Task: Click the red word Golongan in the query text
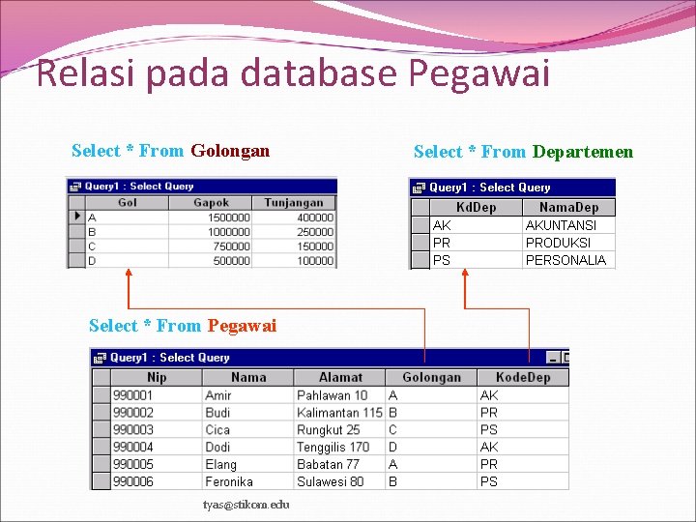[230, 151]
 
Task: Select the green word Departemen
[583, 152]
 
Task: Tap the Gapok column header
[211, 203]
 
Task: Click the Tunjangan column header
[294, 203]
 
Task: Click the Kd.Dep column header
[476, 207]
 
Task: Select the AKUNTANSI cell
[561, 225]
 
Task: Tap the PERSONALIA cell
[565, 260]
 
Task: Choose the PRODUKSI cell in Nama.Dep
[558, 243]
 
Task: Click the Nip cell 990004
[133, 447]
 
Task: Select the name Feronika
[229, 481]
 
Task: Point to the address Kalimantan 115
[339, 413]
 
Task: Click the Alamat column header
[340, 377]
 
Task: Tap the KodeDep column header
[522, 377]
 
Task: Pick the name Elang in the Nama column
[220, 464]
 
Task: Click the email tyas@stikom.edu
[246, 505]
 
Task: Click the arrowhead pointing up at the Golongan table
[129, 275]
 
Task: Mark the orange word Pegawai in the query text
[242, 326]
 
